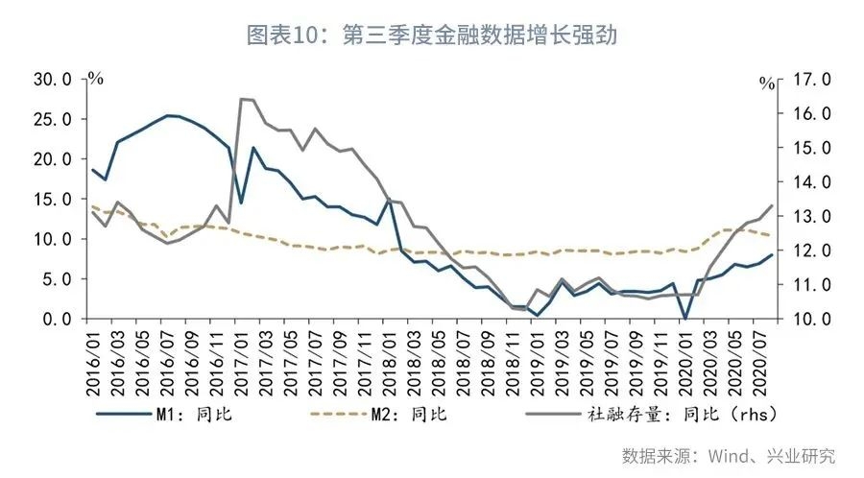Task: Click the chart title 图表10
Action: click(x=431, y=36)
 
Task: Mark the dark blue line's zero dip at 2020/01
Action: click(x=684, y=318)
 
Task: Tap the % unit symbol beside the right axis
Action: click(x=766, y=84)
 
